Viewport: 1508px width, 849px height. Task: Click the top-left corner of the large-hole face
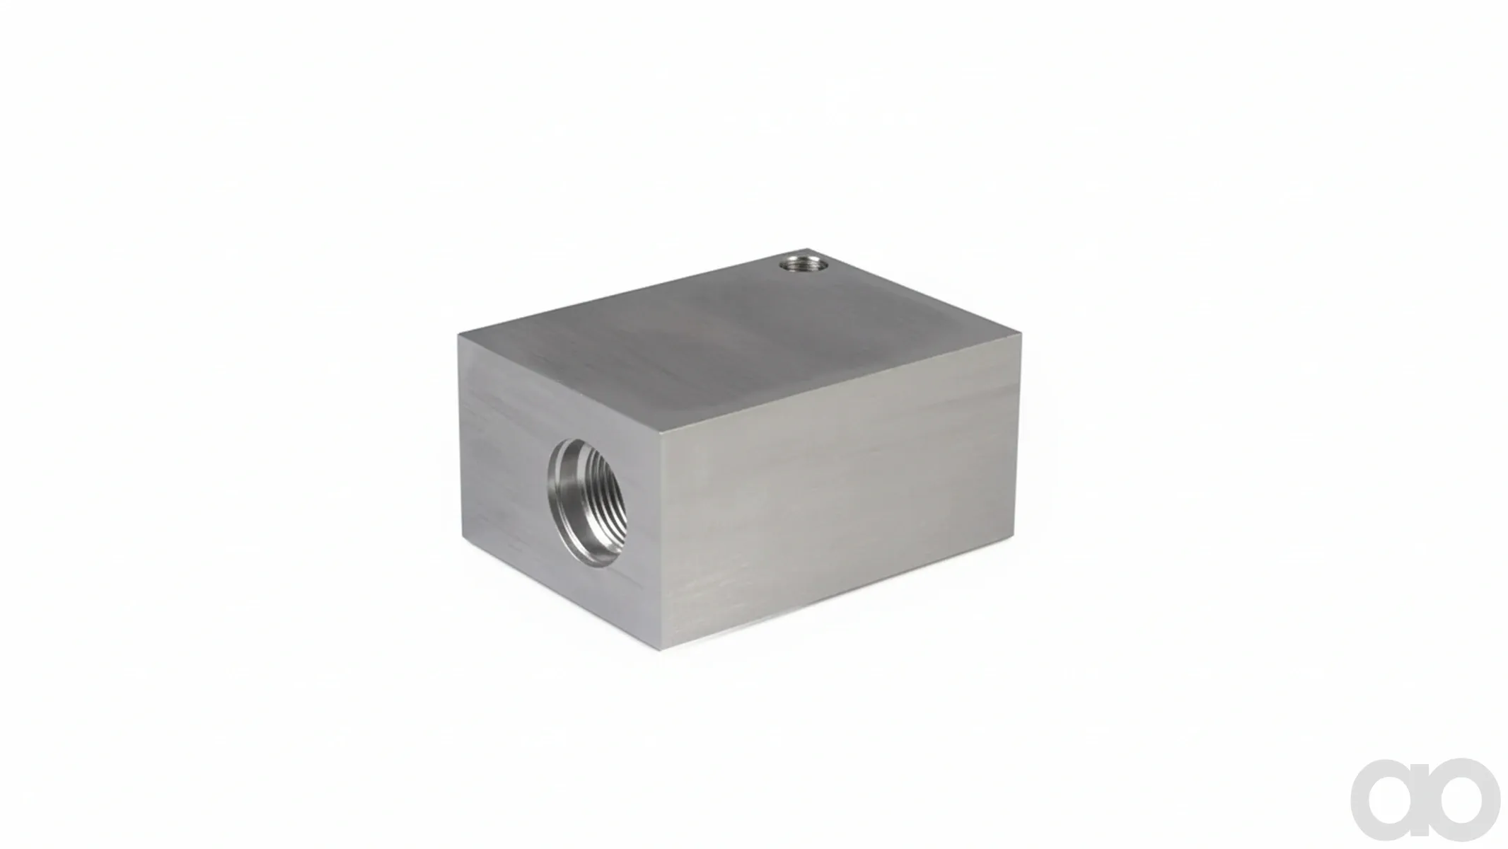(x=458, y=335)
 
